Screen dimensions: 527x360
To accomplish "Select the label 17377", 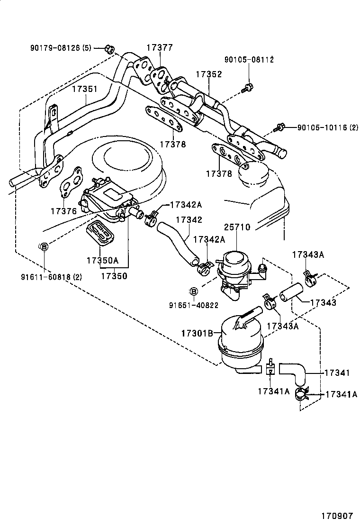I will click(160, 48).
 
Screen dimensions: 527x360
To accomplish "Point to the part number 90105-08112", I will click(249, 60).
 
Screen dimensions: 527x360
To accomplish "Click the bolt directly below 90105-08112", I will click(247, 87).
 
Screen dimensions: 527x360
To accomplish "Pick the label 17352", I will click(209, 74).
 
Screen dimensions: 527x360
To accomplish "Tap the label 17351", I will click(85, 89).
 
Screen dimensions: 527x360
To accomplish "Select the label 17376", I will click(63, 210).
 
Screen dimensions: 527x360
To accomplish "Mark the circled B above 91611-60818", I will click(43, 246).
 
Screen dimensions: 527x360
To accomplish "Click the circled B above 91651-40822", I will click(193, 291).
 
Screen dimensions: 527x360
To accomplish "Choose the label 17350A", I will click(102, 260).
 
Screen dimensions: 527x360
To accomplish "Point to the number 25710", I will click(237, 227).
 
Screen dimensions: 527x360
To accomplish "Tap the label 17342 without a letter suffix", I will click(189, 220).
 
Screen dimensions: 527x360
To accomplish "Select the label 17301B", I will click(196, 333).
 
